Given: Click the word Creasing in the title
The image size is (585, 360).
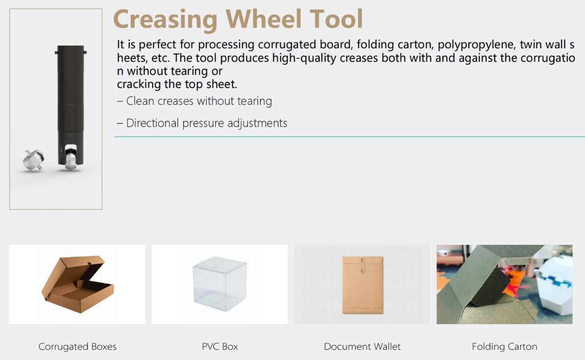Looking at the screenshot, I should (166, 19).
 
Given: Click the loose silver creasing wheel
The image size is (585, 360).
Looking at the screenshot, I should (34, 160).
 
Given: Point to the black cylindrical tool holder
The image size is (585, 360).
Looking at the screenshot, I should (71, 99).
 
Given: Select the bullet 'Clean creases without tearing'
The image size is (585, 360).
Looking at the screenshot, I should (199, 101).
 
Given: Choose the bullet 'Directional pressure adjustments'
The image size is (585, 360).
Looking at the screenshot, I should (207, 123).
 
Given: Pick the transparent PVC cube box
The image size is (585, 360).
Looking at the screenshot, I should (220, 283).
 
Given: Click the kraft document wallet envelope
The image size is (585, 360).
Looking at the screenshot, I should (362, 284).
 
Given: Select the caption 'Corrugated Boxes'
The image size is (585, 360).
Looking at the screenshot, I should (77, 346).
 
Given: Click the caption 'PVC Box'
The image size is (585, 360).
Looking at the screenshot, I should (220, 346).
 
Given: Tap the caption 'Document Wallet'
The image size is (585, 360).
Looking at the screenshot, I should (362, 346).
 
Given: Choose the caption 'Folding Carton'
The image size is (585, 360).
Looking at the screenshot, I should (504, 346).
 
